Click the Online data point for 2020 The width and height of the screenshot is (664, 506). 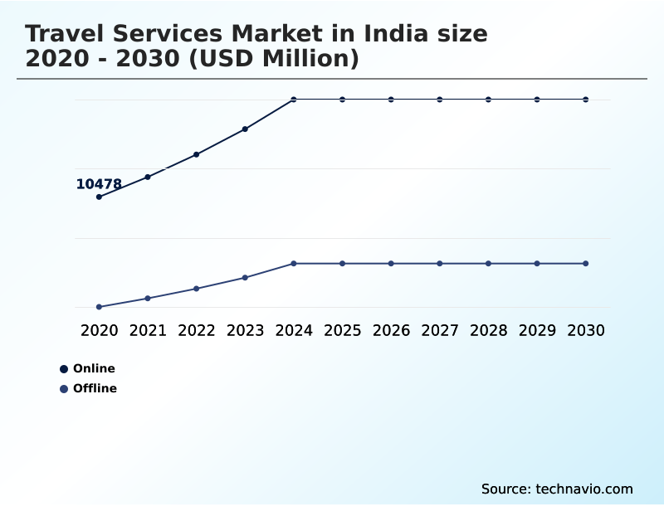(99, 197)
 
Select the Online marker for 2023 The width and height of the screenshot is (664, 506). (245, 129)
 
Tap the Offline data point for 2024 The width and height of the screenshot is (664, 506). (294, 264)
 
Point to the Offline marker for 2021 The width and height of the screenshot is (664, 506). (148, 299)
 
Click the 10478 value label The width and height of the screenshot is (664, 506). (99, 184)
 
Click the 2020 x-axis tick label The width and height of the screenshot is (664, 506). (99, 330)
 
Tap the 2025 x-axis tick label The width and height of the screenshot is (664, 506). (342, 330)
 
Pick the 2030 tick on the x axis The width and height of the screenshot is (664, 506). (585, 330)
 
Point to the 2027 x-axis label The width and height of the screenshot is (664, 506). (439, 330)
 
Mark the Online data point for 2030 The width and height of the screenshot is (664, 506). (585, 100)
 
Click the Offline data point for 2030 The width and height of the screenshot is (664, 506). (585, 264)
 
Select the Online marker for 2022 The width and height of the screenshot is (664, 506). (197, 154)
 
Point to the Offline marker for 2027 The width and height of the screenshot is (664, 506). (439, 264)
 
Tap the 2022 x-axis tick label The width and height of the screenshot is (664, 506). (197, 330)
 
